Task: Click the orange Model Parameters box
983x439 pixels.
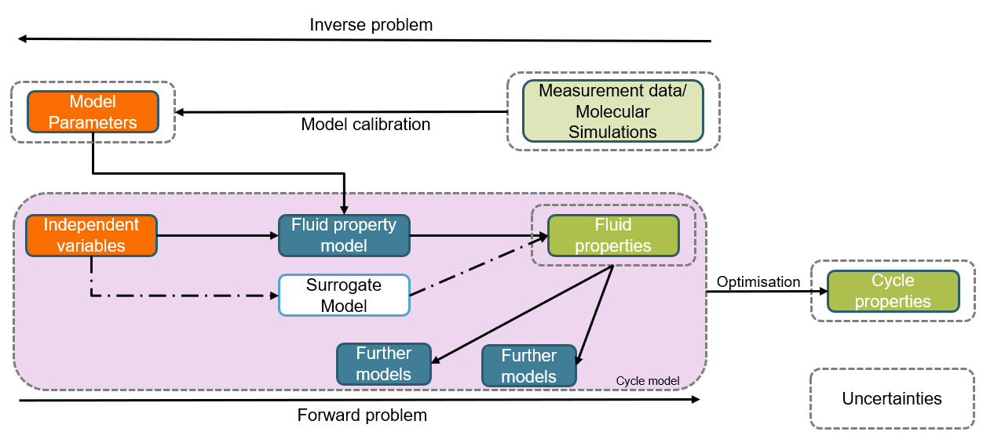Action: [93, 112]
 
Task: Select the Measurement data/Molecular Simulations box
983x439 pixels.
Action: [613, 111]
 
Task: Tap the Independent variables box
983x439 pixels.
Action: [91, 235]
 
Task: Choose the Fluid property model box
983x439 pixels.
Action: [344, 235]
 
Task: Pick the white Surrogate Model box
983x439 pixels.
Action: [344, 295]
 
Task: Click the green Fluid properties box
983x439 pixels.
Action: [612, 235]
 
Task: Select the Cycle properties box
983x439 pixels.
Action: [893, 291]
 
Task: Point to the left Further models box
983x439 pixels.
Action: [384, 364]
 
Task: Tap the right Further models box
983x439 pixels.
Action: [528, 366]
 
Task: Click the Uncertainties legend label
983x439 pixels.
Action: [892, 398]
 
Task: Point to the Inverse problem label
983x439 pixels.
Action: [371, 25]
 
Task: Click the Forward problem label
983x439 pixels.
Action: [362, 415]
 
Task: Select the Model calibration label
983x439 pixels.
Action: [366, 125]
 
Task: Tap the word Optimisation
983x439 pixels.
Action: [758, 282]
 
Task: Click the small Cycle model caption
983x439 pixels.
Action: [648, 381]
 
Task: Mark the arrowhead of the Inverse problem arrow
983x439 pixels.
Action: [23, 38]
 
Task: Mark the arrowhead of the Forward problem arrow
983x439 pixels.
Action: [695, 400]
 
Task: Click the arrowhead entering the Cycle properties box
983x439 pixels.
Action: [823, 291]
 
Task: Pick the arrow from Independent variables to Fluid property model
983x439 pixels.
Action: [217, 234]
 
